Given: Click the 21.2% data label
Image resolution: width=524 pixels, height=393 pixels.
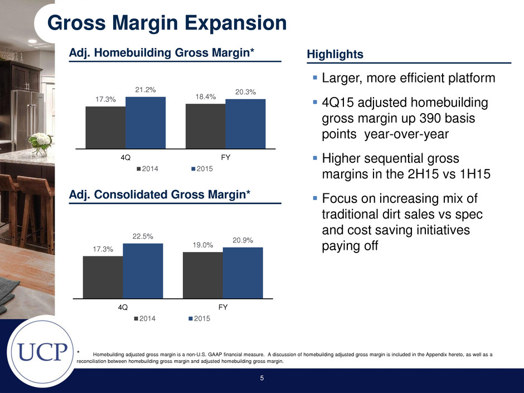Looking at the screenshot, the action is [145, 90].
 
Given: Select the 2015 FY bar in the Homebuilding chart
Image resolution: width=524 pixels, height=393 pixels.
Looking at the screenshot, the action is [246, 124].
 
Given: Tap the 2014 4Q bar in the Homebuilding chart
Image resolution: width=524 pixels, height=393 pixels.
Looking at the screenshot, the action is [105, 128].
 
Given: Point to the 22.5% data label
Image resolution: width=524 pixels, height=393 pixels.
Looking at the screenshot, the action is [143, 236].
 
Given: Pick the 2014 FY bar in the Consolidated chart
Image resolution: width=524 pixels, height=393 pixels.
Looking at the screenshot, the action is [203, 275].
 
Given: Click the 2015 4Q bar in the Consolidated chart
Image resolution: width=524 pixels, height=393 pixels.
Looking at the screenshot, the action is [143, 271].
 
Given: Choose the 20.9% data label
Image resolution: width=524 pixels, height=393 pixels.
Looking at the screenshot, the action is [243, 240].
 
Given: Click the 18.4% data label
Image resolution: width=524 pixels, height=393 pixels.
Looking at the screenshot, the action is [206, 96].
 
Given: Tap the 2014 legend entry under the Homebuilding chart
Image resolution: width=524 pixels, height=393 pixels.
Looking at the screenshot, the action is [147, 169].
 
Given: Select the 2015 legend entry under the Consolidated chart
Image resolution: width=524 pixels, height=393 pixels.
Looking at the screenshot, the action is [200, 318].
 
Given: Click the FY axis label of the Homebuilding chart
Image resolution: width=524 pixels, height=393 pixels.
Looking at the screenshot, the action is [226, 157].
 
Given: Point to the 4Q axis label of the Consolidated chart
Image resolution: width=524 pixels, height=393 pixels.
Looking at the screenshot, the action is [123, 307].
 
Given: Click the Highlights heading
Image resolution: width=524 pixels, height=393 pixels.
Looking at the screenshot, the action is [335, 54].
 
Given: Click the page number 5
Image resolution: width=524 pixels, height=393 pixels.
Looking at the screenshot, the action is [262, 378].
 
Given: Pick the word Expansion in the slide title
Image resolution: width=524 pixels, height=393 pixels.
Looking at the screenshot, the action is [236, 23].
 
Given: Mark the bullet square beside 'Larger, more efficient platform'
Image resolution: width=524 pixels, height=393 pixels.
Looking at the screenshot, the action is [315, 77].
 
